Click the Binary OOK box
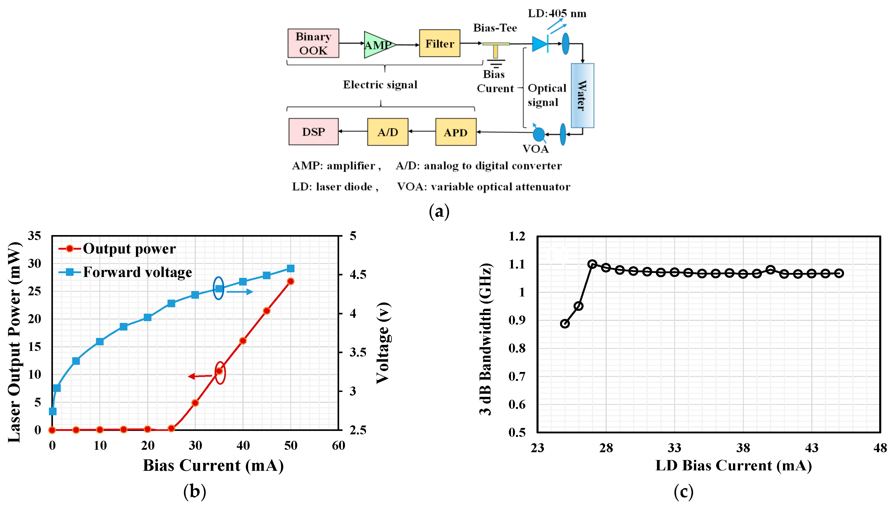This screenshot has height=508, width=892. (313, 43)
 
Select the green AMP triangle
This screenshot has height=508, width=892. (378, 45)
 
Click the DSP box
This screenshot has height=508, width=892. (313, 132)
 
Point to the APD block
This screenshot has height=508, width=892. (455, 132)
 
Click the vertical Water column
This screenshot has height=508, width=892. (582, 95)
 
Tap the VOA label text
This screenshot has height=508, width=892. (535, 149)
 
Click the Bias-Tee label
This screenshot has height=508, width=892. (495, 28)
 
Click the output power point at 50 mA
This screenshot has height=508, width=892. (290, 281)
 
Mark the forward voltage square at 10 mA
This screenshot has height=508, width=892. (100, 341)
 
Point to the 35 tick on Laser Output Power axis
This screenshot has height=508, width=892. (35, 236)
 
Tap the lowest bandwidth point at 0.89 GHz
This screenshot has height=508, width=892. (565, 323)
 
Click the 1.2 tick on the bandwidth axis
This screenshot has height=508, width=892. (517, 237)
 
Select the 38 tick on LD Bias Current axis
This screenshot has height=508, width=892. (743, 448)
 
